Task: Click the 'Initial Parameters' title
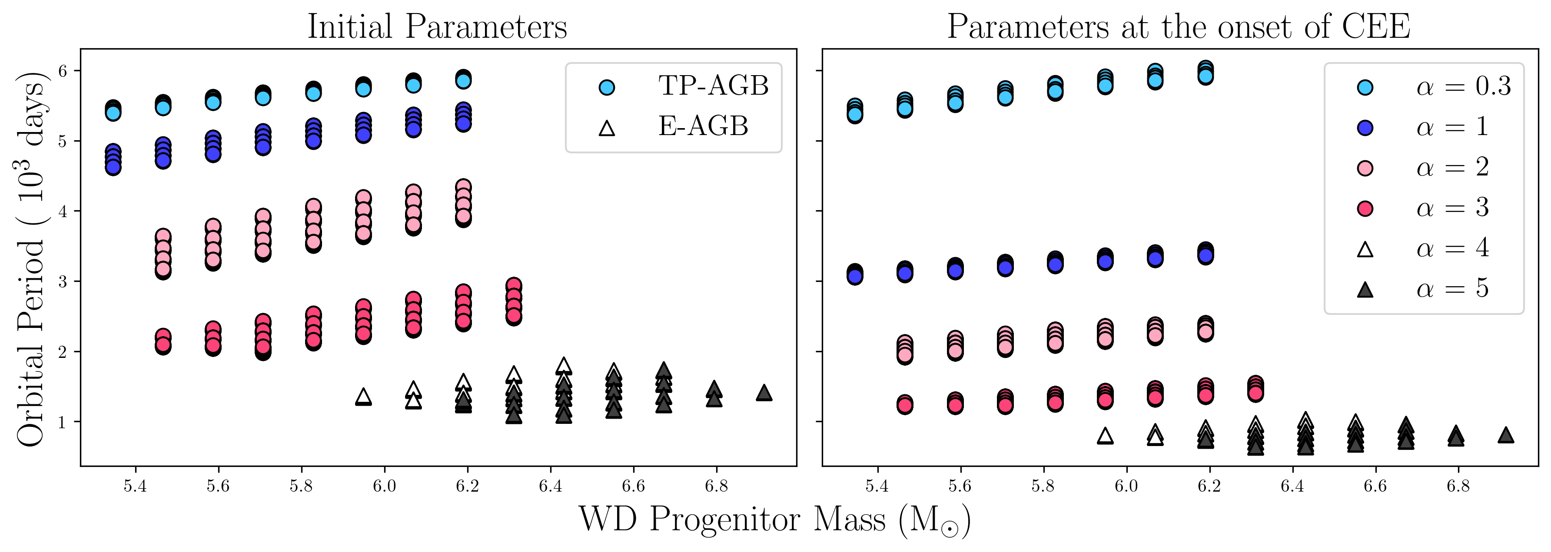point(437,26)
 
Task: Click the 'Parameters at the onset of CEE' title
point(1178,26)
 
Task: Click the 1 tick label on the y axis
point(63,422)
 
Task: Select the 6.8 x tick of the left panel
point(717,486)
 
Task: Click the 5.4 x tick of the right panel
point(877,486)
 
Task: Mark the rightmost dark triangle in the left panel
point(764,393)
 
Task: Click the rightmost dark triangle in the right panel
point(1506,435)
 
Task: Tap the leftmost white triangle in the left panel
point(363,397)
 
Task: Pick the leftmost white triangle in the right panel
point(1105,436)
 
